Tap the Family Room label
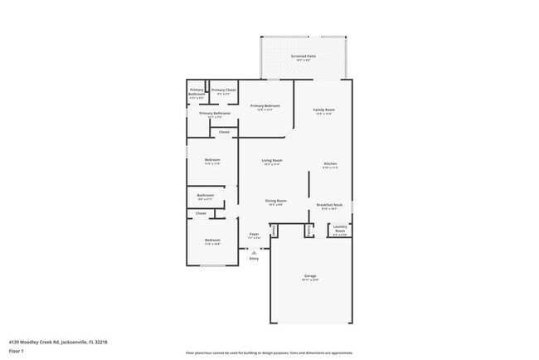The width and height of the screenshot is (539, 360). pos(323,110)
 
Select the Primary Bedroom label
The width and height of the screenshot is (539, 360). pos(265,106)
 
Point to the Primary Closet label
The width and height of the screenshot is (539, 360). pos(223,90)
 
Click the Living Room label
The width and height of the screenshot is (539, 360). pos(272,160)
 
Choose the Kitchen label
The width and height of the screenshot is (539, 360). pos(330,164)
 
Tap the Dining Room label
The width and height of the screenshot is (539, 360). pos(275,201)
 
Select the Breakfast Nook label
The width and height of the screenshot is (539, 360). pos(329,205)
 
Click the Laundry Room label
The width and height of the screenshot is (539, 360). pos(340,228)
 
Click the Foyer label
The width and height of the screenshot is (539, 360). pos(255,235)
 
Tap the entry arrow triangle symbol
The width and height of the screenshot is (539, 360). pos(254,251)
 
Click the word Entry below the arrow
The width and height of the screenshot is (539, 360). pos(254,259)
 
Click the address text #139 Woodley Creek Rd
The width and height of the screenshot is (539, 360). pos(58,341)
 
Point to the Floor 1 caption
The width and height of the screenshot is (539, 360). pos(17,351)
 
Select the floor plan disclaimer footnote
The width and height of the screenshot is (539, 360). pos(269,353)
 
